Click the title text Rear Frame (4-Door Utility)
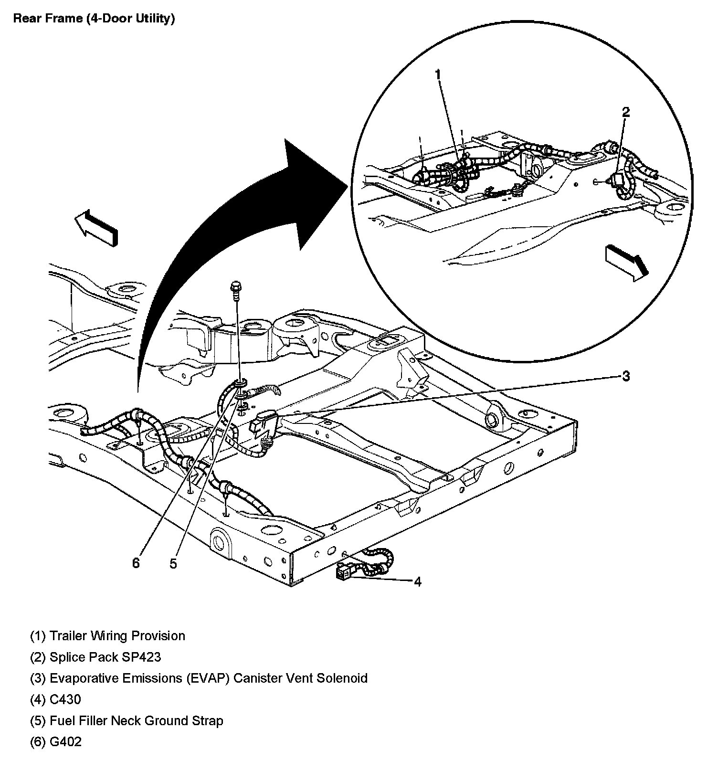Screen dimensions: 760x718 pyautogui.click(x=94, y=19)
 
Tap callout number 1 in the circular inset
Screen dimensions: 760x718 pyautogui.click(x=437, y=74)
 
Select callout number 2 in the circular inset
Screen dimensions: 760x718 pyautogui.click(x=625, y=112)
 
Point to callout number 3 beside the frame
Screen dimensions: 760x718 pyautogui.click(x=625, y=376)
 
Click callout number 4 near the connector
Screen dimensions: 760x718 pyautogui.click(x=418, y=581)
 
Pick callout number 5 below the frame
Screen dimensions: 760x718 pyautogui.click(x=173, y=564)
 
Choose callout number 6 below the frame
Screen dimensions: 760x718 pyautogui.click(x=136, y=564)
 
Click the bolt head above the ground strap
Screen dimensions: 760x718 pyautogui.click(x=236, y=287)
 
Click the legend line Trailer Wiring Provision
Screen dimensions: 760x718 pyautogui.click(x=107, y=636)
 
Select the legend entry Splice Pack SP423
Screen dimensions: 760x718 pyautogui.click(x=95, y=657)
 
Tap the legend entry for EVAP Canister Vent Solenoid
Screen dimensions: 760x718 pyautogui.click(x=199, y=678)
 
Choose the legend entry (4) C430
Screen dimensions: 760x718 pyautogui.click(x=55, y=699)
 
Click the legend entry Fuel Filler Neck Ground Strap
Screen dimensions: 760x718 pyautogui.click(x=127, y=720)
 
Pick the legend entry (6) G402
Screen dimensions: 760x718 pyautogui.click(x=56, y=741)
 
